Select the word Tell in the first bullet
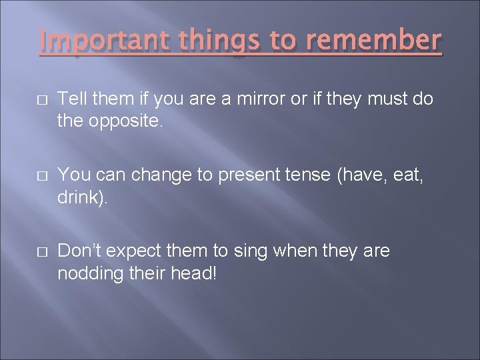pyautogui.click(x=72, y=99)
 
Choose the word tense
pyautogui.click(x=312, y=175)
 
